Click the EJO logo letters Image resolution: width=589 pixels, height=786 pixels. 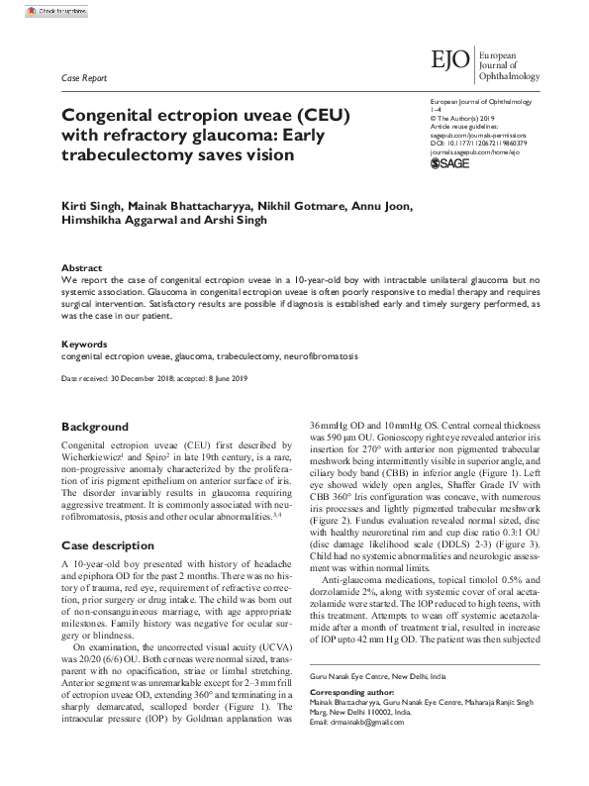tap(450, 61)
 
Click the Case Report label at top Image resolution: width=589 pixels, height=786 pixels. tap(84, 78)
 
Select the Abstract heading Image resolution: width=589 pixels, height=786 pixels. tap(81, 268)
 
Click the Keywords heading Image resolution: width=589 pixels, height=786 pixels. tap(85, 344)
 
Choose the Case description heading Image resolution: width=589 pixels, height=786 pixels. tap(108, 545)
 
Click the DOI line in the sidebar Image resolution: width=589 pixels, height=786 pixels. tap(479, 143)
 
